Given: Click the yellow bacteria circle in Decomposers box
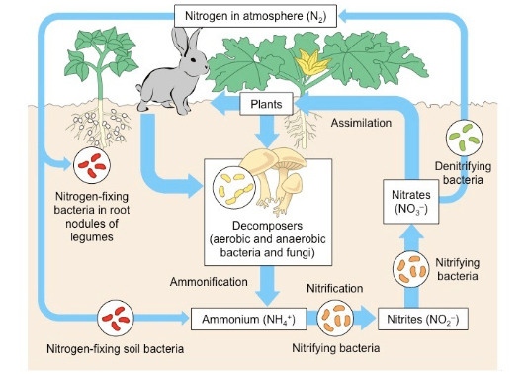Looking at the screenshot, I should point(232,185).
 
